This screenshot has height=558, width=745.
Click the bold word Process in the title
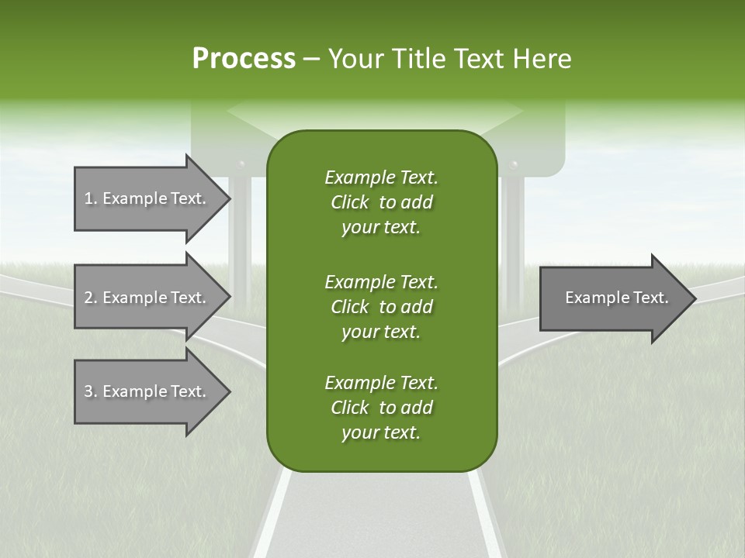244,59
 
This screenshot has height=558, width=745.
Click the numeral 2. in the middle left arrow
90,298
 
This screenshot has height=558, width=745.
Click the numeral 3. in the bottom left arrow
90,391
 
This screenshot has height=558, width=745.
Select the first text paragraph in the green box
381,202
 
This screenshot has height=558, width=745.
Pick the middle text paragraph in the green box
381,306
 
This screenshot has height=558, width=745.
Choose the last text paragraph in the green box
381,408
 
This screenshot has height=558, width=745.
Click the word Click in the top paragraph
349,202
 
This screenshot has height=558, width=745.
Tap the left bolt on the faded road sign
241,165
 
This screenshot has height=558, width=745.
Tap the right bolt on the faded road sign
513,165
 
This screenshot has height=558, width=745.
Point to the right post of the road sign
513,232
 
